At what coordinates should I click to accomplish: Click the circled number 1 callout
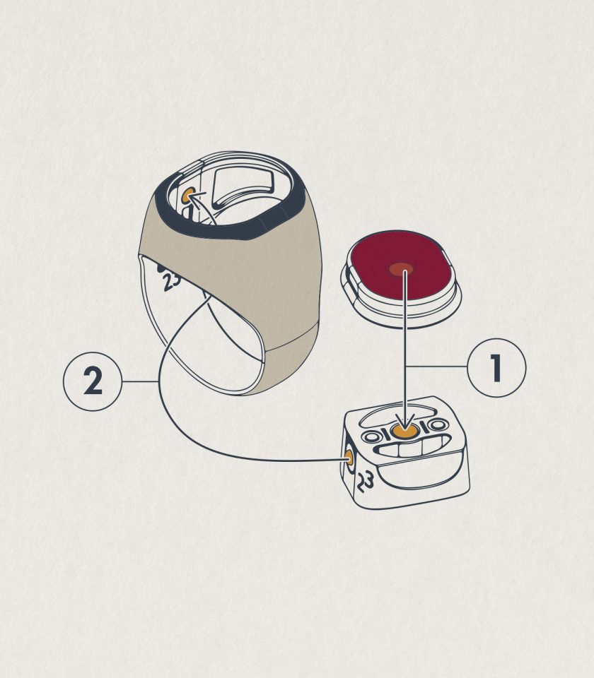point(496,367)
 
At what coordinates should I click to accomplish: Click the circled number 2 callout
point(93,381)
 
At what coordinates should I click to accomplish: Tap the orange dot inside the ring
point(187,196)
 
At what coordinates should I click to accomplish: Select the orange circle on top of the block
point(404,431)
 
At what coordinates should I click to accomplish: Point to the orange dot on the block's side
point(349,457)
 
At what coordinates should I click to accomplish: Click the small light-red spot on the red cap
point(400,269)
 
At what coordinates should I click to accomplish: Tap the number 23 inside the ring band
point(170,281)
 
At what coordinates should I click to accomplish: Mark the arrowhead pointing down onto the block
point(404,421)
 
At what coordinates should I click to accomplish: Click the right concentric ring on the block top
point(438,425)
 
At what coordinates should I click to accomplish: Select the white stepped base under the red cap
point(400,303)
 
